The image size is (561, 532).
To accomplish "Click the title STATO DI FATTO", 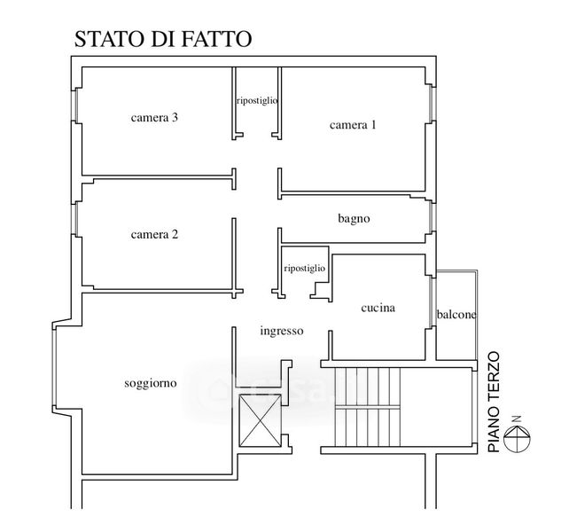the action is coord(163,39).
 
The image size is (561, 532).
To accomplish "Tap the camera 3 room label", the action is coord(154,117).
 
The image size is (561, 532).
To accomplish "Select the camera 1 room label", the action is coord(353,125).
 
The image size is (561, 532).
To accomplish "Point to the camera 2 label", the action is coord(154,234).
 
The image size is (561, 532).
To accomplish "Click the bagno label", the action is coord(354,218).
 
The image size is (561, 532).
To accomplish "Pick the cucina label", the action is coord(378,308).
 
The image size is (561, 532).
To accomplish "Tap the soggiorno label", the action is coord(151,383).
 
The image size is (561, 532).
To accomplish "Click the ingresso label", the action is coord(282,331).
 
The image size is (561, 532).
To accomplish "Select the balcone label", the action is coord(456,315).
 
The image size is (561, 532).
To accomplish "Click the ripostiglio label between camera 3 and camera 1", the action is coord(257,100).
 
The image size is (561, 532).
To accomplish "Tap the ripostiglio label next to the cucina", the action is coord(305,268).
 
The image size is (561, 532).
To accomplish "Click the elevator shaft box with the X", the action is coord(260,420).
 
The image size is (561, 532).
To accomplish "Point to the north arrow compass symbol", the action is coord(517,437).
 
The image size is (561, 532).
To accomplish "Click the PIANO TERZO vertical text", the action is coord(494,402).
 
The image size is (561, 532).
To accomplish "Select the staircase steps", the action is coord(367,407).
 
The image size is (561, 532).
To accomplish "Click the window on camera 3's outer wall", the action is coord(75,105).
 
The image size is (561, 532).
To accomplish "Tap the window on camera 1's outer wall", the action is coord(432,104).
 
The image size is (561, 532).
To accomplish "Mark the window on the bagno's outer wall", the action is coord(432,216).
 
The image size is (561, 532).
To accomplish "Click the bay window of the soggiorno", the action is coord(54,367).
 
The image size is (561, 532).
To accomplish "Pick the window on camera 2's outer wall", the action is coord(75,219).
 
